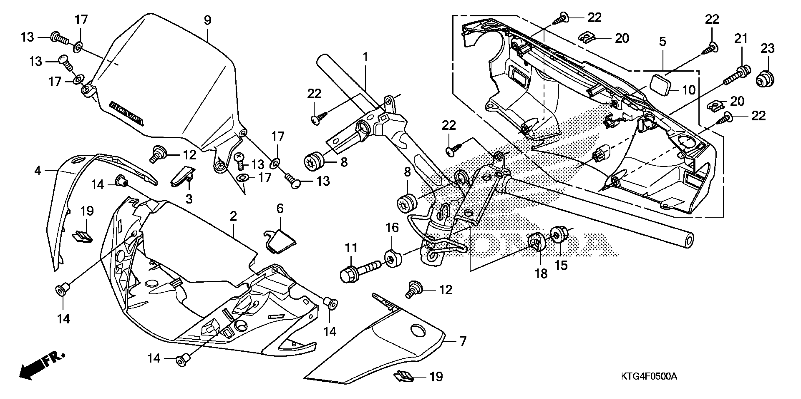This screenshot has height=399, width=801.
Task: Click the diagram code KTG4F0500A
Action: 649,377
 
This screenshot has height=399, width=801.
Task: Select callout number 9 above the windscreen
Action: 207,20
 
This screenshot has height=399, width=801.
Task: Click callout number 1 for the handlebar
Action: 365,57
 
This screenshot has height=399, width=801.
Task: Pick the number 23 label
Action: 767,48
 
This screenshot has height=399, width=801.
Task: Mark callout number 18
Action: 541,274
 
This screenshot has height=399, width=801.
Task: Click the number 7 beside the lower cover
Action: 463,341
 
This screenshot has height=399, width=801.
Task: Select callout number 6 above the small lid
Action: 280,209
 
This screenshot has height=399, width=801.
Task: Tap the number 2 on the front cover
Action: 233,216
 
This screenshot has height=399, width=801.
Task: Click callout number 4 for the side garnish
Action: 38,170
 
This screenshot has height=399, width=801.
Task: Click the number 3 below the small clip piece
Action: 189,199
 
